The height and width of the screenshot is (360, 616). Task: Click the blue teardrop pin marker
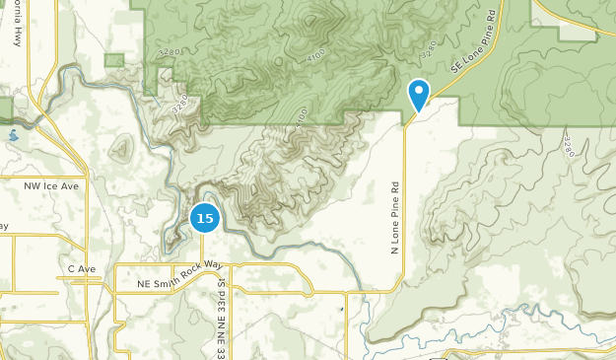pyautogui.click(x=419, y=96)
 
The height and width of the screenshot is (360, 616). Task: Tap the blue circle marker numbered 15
pyautogui.click(x=204, y=217)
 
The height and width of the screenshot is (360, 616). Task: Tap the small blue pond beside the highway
pyautogui.click(x=13, y=135)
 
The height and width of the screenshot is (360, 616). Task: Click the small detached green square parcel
pyautogui.click(x=114, y=61)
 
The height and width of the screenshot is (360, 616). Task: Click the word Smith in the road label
pyautogui.click(x=166, y=284)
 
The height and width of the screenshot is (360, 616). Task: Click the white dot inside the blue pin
pyautogui.click(x=419, y=92)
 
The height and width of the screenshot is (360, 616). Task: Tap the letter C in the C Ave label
pyautogui.click(x=71, y=268)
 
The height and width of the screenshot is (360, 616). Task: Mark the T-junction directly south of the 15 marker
pyautogui.click(x=204, y=264)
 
